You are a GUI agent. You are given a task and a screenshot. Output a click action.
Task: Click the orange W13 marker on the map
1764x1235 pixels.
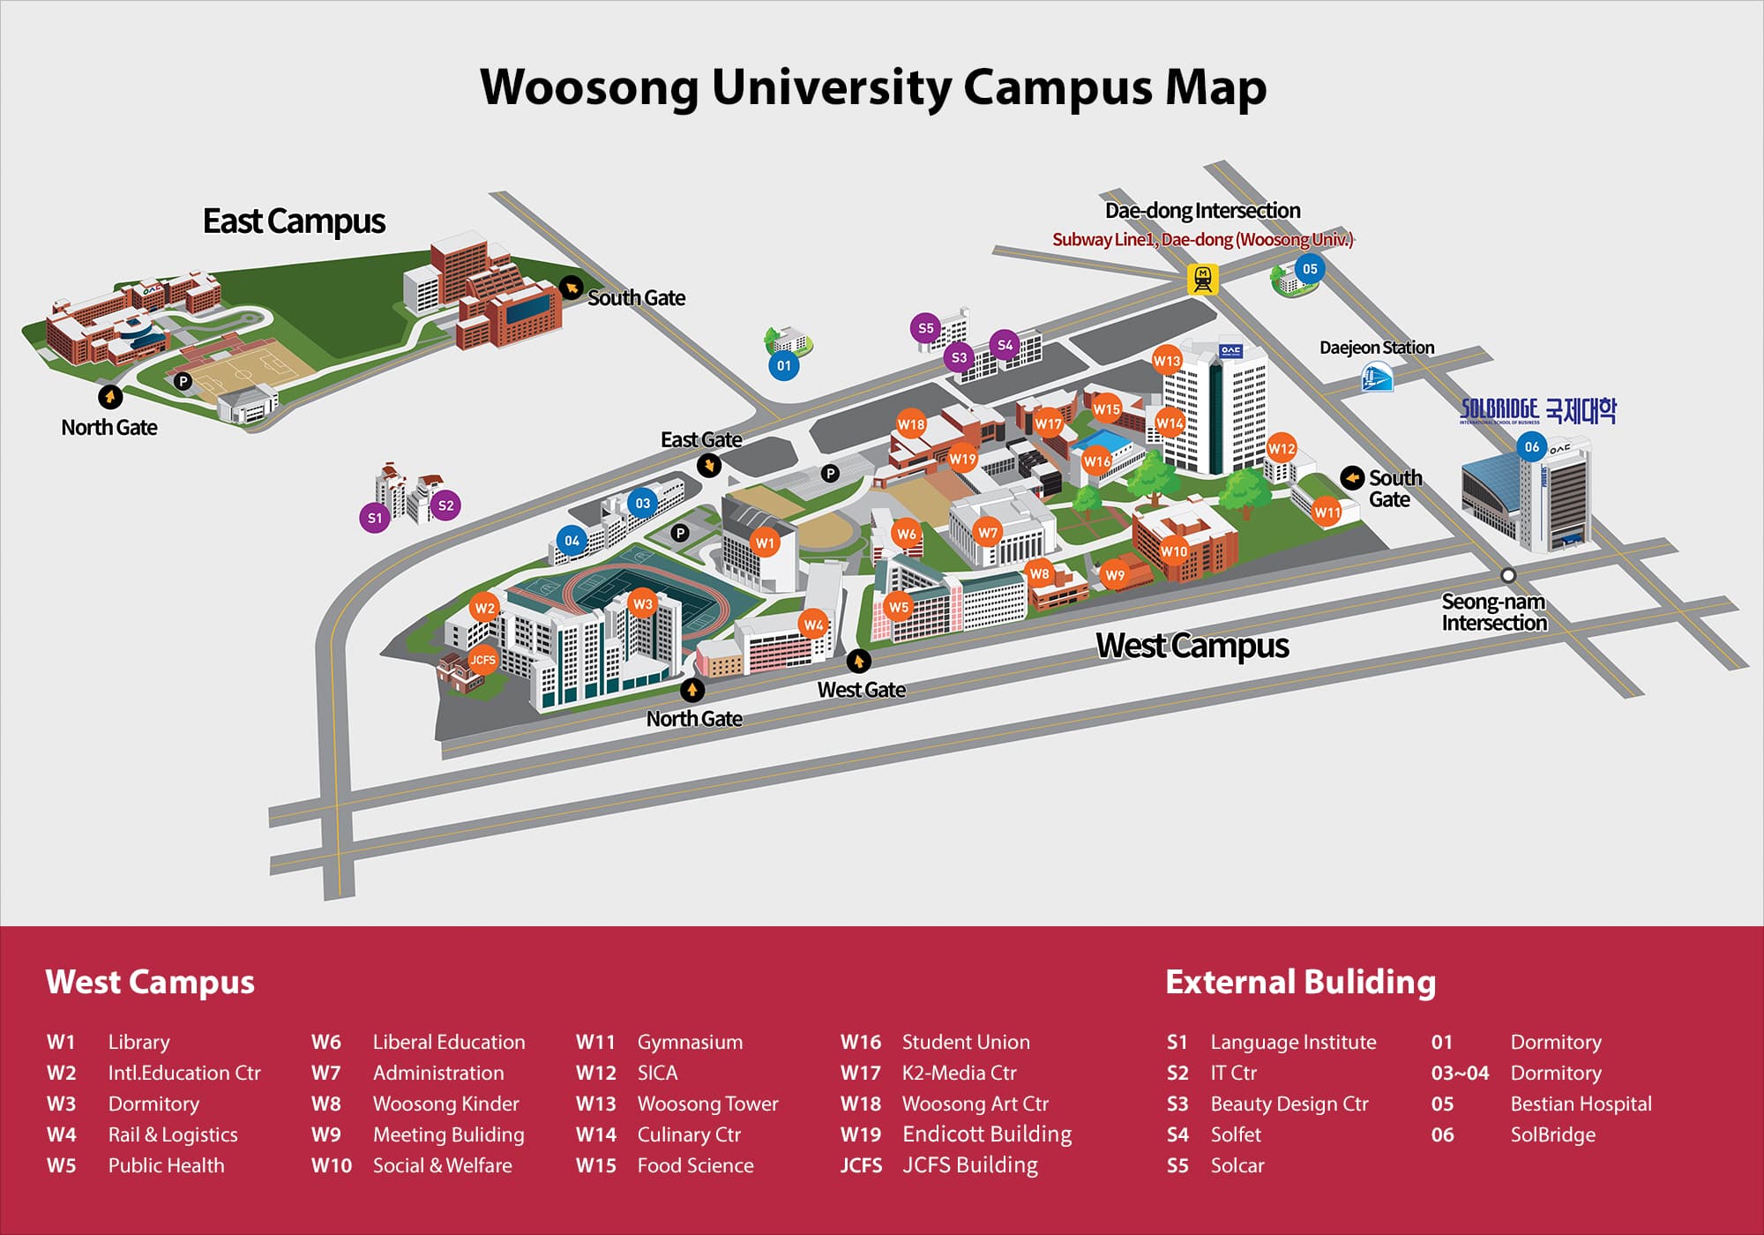coord(1167,360)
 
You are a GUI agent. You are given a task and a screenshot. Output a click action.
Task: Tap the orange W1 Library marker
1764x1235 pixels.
coord(765,543)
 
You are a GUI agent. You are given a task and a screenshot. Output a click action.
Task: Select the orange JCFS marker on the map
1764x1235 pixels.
coord(482,660)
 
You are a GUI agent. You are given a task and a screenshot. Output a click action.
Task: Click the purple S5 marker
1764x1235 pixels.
coord(925,328)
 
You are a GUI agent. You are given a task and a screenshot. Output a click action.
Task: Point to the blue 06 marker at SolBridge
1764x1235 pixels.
coord(1532,446)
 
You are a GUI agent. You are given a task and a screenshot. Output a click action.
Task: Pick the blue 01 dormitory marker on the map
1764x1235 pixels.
coord(784,365)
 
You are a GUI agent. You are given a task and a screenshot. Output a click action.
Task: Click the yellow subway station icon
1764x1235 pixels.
coord(1202,279)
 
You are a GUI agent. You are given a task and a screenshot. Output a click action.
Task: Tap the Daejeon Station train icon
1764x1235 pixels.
coord(1377,378)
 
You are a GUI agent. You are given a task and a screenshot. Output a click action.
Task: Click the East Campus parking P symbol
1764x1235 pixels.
coord(183,381)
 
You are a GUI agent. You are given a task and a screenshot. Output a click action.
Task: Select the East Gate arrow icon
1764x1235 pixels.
coord(709,465)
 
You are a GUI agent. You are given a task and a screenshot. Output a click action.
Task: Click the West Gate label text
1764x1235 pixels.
coord(861,690)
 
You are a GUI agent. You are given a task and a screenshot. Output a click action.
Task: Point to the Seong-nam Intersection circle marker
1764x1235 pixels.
coord(1508,575)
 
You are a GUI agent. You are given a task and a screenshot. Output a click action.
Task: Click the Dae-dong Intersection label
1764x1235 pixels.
coord(1202,211)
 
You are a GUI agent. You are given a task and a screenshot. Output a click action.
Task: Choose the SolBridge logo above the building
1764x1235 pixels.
coord(1537,410)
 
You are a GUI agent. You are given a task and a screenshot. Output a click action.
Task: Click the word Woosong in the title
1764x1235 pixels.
coord(589,87)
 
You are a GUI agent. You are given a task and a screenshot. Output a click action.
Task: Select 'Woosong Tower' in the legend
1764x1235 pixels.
coord(707,1104)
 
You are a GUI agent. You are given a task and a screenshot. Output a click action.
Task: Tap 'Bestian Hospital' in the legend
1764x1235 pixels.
coord(1581,1104)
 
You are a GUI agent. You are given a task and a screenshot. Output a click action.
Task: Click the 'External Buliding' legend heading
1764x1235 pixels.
coord(1300,982)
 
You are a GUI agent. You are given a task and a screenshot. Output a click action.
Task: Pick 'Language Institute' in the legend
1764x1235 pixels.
coord(1293,1042)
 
